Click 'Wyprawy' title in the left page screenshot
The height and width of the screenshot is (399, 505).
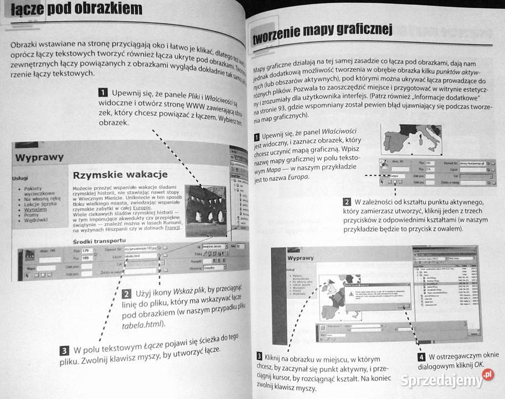(39, 157)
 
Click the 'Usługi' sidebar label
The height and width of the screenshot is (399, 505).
(20, 179)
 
